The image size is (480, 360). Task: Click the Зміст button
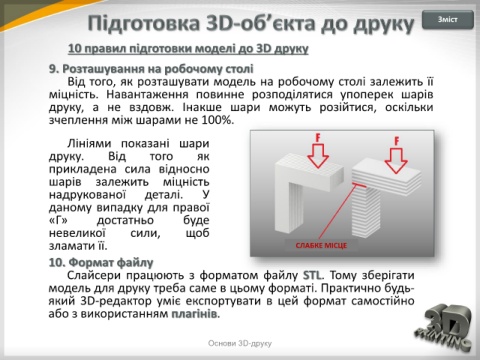click(448, 20)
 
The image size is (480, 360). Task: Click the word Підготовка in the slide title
click(144, 24)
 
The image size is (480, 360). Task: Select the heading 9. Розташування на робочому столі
click(151, 69)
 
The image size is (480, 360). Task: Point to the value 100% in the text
click(216, 120)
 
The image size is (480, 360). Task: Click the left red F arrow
click(318, 151)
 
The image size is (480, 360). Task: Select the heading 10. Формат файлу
click(101, 263)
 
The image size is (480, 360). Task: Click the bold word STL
click(312, 275)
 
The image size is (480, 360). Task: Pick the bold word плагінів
click(194, 314)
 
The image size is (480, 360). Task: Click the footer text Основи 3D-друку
click(240, 343)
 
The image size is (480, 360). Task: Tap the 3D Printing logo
click(444, 327)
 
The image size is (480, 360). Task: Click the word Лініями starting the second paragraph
click(89, 144)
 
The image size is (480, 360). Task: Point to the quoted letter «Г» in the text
click(58, 220)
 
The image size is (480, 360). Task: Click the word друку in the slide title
click(384, 25)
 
